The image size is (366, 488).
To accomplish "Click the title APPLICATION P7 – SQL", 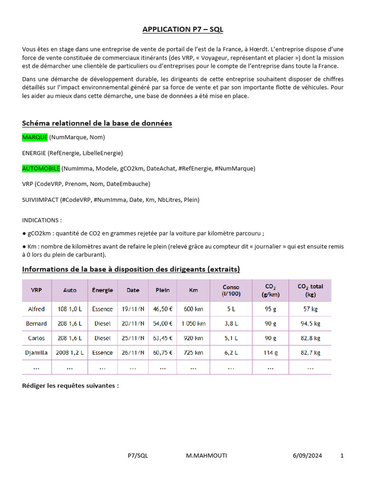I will tap(183, 30).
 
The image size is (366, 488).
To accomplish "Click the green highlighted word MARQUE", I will tap(35, 137).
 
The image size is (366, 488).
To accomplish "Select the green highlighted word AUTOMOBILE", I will tap(41, 168).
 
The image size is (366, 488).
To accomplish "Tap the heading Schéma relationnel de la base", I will tap(97, 123).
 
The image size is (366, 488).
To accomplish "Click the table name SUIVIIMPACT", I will tap(40, 200).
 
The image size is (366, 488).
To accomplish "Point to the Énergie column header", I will tap(102, 290).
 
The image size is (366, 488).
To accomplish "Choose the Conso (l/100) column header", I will tap(231, 290).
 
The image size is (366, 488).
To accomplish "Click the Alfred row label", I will tap(37, 309).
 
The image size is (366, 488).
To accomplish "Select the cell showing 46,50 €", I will tap(163, 309).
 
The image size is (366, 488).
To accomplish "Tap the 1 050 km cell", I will tap(193, 324).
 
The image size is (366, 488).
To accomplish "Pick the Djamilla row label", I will tap(37, 353).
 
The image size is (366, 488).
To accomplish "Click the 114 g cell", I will tap(270, 353).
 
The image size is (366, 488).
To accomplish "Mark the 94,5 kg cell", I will tap(310, 324).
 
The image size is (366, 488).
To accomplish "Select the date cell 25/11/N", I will tap(133, 338).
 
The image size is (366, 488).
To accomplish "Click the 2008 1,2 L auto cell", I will tap(70, 353).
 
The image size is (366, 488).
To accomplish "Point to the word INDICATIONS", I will tap(41, 221).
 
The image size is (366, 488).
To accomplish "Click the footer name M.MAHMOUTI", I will tap(206, 456).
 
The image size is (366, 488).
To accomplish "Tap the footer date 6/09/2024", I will tap(307, 456).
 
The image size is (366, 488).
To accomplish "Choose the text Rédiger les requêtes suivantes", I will tap(70, 386).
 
